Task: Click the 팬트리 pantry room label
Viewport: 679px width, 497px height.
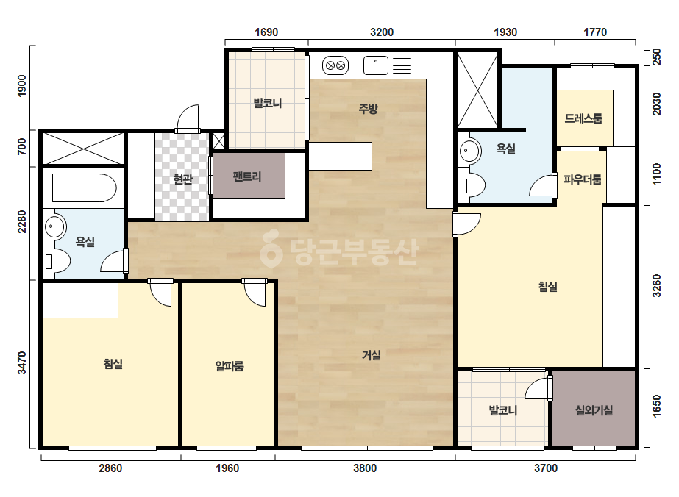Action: tap(247, 176)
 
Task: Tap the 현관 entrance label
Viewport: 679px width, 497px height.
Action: tap(182, 179)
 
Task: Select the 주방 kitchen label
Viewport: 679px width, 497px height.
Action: tap(368, 108)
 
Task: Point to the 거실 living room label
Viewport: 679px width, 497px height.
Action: tap(372, 355)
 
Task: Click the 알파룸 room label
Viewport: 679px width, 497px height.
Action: tap(230, 366)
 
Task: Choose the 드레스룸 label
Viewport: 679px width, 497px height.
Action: tap(583, 118)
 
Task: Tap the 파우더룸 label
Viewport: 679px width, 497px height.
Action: tap(583, 179)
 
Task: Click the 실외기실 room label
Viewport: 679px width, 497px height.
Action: tap(594, 410)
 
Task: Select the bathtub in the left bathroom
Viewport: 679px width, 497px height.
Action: tap(85, 188)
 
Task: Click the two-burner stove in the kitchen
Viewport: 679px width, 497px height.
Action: tap(335, 66)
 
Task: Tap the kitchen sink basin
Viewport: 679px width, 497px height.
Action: tap(376, 66)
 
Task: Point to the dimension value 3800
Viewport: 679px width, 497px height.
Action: tap(365, 468)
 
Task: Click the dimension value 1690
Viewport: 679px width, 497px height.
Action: tap(266, 32)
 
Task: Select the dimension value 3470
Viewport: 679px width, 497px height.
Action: tap(21, 362)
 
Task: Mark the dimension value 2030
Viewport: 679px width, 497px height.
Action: tap(656, 104)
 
